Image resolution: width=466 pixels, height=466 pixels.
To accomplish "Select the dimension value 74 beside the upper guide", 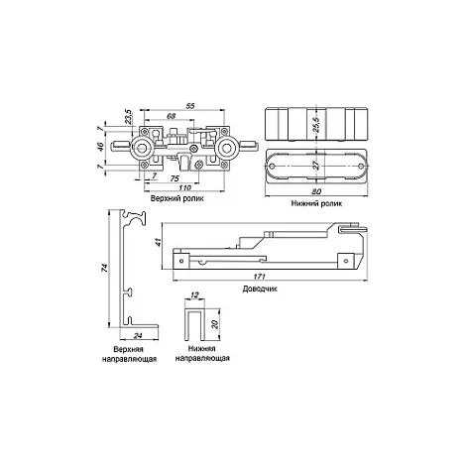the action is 104,268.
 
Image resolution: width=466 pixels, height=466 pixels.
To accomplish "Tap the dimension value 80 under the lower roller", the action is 316,191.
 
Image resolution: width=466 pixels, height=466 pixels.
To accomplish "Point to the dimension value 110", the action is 184,187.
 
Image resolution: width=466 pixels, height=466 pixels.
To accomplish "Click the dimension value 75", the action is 175,178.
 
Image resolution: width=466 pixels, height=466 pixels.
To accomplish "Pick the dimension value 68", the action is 171,116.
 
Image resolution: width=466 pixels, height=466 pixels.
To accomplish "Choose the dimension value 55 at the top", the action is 190,106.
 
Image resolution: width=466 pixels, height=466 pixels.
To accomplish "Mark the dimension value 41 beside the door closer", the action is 159,242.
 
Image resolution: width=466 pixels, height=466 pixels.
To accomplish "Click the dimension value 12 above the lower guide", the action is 194,294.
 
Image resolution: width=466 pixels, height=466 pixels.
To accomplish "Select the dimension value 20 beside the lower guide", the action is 215,324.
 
